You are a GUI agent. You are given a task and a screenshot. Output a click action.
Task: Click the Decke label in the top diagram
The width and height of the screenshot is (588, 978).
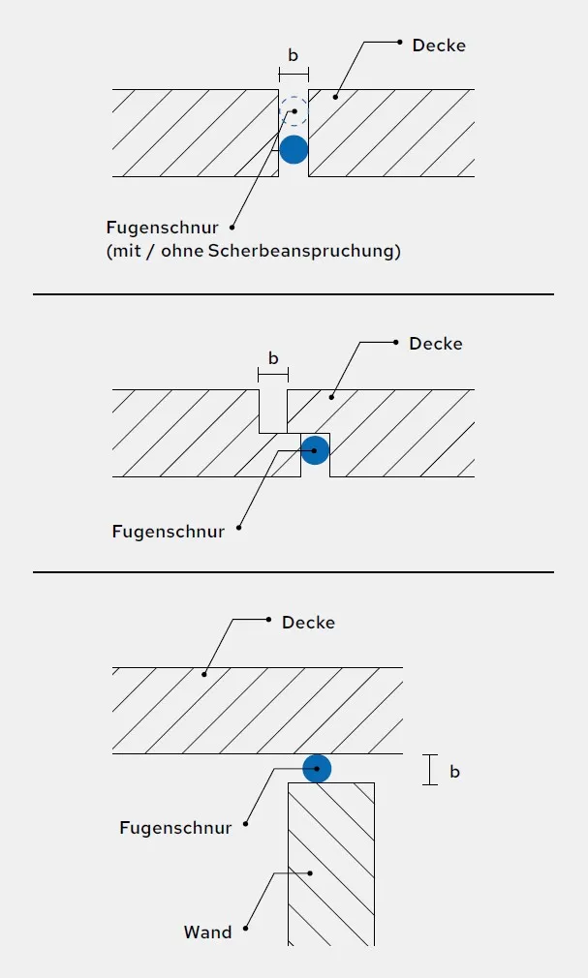[x=439, y=46]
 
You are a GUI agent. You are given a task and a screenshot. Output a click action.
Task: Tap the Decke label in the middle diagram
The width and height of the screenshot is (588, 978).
[x=436, y=344]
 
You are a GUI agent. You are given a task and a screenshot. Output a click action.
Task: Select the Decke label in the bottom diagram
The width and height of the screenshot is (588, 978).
[x=308, y=623]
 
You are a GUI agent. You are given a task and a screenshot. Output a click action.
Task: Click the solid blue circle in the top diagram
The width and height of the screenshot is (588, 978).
[x=294, y=150]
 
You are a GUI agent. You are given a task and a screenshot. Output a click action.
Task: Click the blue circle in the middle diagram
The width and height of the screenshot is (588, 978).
[x=315, y=449]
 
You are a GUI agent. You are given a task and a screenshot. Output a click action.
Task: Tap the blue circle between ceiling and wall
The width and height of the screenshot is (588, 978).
[x=317, y=769]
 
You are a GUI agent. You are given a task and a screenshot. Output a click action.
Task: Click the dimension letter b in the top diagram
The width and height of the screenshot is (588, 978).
[x=294, y=55]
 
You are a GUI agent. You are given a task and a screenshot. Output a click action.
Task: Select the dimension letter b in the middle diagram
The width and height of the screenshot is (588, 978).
[x=273, y=358]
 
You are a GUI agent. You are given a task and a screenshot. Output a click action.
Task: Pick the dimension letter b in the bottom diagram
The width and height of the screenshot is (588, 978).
[x=454, y=772]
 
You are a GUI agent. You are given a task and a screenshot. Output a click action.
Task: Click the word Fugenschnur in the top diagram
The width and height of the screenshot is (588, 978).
[x=163, y=227]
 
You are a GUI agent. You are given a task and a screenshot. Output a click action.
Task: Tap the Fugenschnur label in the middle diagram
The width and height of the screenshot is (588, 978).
[x=168, y=532]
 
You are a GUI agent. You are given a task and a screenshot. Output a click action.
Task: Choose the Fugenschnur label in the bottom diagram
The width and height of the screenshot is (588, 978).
[x=175, y=828]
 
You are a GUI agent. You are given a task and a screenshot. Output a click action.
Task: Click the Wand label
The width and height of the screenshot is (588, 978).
[x=208, y=932]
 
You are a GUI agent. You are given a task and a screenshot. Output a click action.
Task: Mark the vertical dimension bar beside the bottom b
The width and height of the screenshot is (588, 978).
[x=429, y=770]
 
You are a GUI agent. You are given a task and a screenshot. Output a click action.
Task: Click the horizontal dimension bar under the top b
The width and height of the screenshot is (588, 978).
[x=294, y=75]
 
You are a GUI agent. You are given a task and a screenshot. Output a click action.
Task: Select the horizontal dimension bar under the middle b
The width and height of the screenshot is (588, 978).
[x=273, y=375]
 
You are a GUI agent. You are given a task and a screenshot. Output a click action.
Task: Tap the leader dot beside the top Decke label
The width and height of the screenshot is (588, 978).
[x=400, y=43]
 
